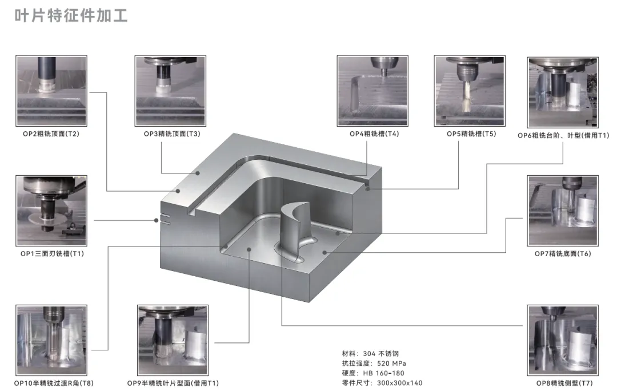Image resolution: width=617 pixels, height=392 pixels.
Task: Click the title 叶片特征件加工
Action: [71, 16]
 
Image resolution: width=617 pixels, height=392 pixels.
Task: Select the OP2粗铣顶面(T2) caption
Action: [51, 134]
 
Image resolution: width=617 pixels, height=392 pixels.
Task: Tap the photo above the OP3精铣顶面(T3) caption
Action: [170, 91]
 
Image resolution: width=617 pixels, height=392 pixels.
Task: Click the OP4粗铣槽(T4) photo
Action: [372, 91]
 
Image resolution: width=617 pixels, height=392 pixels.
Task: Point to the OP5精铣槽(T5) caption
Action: [471, 134]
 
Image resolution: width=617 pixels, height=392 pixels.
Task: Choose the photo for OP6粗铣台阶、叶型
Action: [563, 92]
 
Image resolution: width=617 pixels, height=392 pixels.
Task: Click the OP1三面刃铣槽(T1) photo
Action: [51, 211]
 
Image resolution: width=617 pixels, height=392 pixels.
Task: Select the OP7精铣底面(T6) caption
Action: [563, 253]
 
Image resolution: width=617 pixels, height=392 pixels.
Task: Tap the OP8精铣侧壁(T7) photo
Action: [563, 340]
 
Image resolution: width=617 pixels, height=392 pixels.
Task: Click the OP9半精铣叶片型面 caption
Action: [173, 383]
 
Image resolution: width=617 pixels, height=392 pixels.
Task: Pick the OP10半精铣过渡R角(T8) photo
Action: [51, 340]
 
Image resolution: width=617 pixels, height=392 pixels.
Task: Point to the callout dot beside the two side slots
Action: [156, 220]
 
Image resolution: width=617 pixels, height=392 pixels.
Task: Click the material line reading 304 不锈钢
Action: [370, 353]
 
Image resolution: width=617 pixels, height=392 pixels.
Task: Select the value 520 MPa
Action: [391, 363]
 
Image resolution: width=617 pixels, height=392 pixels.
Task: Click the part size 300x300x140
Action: [399, 383]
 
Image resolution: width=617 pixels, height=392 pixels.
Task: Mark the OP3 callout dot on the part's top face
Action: [198, 173]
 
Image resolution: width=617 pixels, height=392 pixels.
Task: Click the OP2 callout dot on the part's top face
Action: [178, 191]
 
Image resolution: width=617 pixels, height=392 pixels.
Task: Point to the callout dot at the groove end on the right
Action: [368, 189]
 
